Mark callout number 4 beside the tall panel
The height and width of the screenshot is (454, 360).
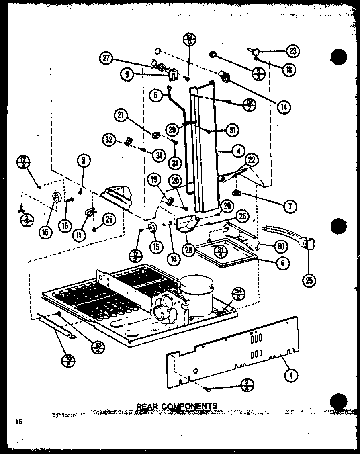tap(238, 151)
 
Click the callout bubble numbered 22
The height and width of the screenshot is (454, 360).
tap(251, 160)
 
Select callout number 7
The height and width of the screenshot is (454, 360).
tap(289, 207)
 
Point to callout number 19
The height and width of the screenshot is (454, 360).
tap(155, 181)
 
